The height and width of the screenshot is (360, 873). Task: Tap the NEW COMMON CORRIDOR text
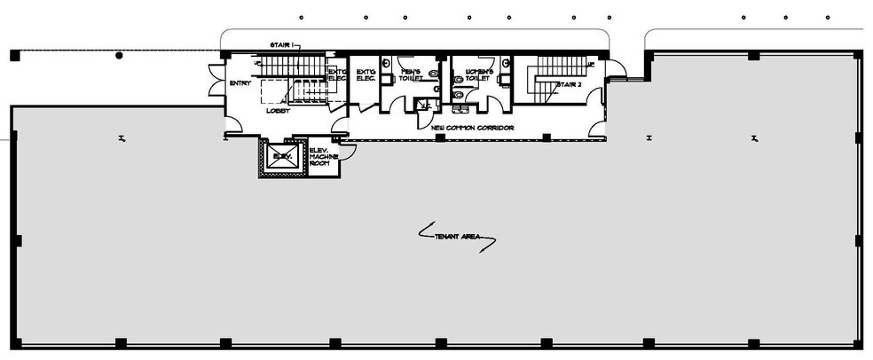pos(471,128)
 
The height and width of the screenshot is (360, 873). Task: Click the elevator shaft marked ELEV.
pos(282,157)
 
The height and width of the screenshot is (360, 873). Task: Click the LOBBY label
pos(277,111)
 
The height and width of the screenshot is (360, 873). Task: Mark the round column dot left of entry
pos(119,55)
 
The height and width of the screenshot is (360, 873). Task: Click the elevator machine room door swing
pos(348,151)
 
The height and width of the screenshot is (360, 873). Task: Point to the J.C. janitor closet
pos(425,105)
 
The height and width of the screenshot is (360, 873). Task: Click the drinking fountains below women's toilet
pos(460,108)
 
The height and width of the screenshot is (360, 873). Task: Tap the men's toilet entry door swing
pos(394,104)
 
